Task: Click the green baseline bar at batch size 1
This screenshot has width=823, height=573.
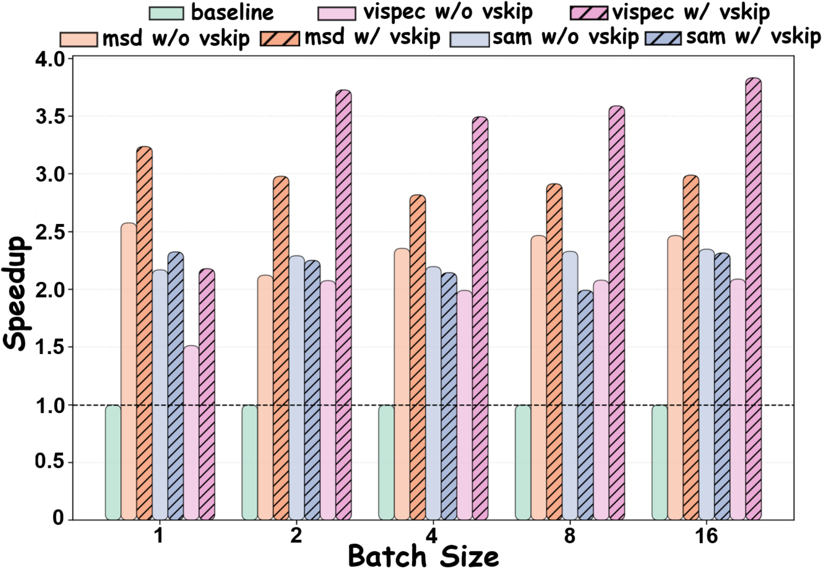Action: pos(113,463)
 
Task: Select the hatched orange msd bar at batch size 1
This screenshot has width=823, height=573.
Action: pos(144,333)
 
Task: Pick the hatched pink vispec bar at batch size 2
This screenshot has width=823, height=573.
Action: pos(343,305)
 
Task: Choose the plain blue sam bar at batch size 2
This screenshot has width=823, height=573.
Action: pos(296,388)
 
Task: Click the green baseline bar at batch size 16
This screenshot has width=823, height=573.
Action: pos(659,463)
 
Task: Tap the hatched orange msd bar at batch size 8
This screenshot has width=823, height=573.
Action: pos(554,352)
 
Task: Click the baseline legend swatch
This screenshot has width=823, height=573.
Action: pos(166,13)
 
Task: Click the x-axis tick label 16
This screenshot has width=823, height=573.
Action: pos(706,536)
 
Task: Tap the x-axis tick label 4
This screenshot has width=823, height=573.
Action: pos(432,536)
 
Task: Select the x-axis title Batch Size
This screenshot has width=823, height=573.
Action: pos(423,557)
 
